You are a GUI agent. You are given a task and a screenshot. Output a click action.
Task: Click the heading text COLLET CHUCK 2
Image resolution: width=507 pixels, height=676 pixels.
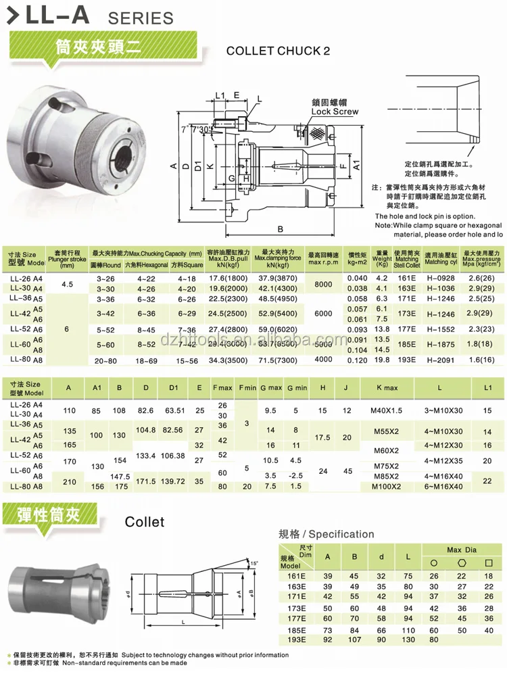[x=278, y=50]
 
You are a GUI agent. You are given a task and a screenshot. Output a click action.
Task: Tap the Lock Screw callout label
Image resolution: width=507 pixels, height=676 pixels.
[x=335, y=112]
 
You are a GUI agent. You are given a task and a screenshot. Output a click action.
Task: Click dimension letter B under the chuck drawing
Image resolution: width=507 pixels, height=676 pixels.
[x=280, y=228]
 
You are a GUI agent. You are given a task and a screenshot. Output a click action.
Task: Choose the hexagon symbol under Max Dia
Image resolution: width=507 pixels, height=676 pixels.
[x=462, y=562]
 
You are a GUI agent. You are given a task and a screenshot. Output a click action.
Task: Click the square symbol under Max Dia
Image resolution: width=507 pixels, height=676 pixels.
[x=489, y=562]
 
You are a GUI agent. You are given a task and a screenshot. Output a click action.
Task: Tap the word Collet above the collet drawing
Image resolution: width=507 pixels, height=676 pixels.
[x=145, y=522]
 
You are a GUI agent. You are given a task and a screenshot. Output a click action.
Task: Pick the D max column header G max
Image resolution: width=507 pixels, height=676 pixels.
[x=270, y=388]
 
